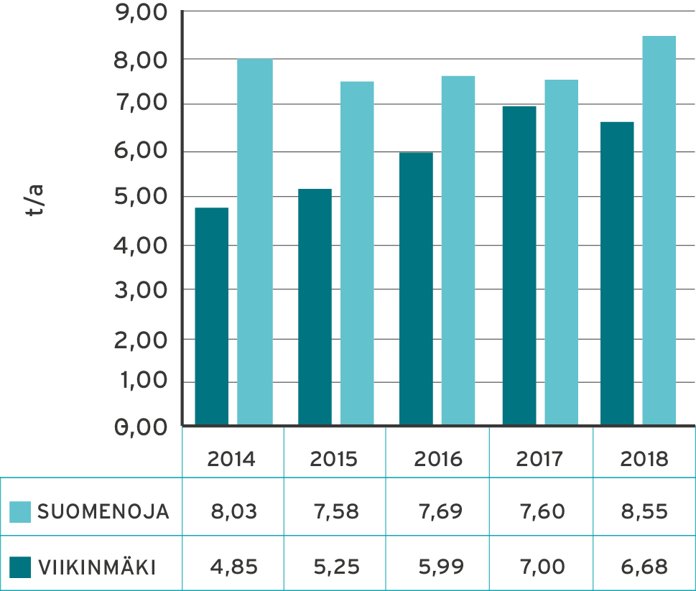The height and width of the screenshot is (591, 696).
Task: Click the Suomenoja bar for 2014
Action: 255,241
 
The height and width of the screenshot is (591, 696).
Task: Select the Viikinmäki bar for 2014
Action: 211,316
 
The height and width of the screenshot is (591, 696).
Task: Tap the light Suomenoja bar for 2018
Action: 659,231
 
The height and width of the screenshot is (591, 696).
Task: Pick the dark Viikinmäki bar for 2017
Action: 519,266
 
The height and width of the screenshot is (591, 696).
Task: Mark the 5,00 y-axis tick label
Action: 141,197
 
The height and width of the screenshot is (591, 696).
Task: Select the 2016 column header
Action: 438,459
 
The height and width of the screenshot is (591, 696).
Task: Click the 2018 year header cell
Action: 644,459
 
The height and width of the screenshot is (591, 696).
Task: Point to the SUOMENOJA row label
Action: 103,512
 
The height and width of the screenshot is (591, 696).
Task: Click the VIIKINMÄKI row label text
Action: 96,568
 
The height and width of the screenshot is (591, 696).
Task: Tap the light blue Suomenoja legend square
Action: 20,512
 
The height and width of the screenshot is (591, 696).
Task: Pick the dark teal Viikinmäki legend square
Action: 20,568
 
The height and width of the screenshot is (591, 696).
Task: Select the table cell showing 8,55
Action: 644,512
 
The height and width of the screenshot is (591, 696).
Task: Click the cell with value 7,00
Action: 541,568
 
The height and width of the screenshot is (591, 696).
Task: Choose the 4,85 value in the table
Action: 233,568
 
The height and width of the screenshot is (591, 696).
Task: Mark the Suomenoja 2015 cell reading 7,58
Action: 335,512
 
